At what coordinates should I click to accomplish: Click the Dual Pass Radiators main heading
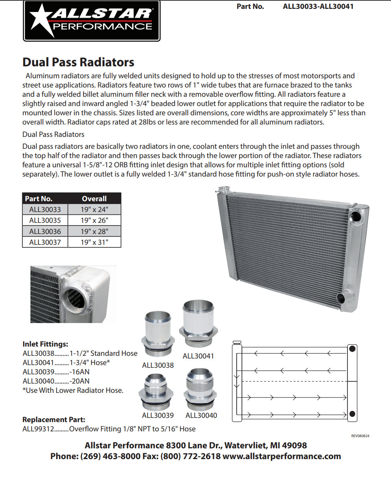point(78,62)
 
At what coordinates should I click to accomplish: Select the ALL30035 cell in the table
point(45,220)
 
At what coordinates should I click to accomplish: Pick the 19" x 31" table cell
point(94,242)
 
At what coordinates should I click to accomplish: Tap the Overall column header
point(94,199)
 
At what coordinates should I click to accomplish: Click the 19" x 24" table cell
point(94,210)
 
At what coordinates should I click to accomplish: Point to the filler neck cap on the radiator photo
point(223,190)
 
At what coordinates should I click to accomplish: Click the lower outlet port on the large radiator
point(341,298)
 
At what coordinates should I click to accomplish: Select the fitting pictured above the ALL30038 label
point(158,334)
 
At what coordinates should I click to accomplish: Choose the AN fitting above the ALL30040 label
point(201,389)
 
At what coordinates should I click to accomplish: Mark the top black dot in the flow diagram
point(352,349)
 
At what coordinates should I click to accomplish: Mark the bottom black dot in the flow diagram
point(352,414)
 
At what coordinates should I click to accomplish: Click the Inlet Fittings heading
point(45,344)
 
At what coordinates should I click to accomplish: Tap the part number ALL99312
point(38,429)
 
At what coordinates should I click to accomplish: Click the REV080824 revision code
point(360,436)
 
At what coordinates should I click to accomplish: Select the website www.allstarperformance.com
point(282,456)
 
